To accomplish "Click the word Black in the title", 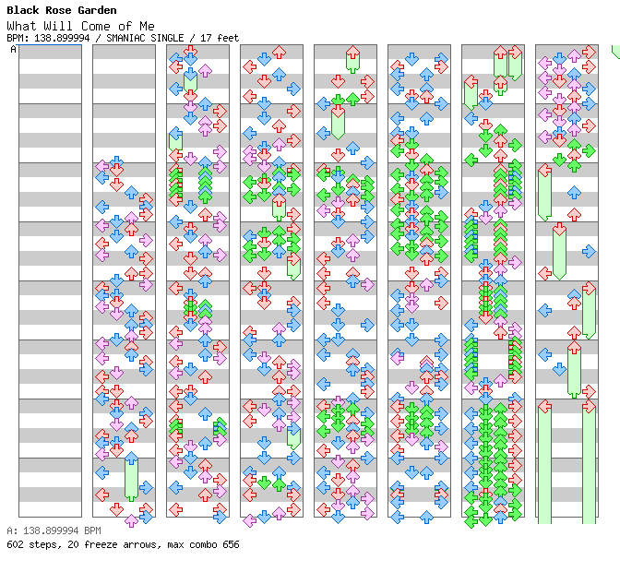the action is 23,10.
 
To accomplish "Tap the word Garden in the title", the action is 97,10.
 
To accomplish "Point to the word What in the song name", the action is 21,26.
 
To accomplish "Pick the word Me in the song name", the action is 147,26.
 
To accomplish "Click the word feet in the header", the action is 228,38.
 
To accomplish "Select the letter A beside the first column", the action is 13,49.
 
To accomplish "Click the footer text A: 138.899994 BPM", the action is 54,530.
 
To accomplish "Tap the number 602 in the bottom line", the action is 15,544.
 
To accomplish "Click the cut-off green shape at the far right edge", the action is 616,52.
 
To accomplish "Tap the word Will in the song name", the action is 58,26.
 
